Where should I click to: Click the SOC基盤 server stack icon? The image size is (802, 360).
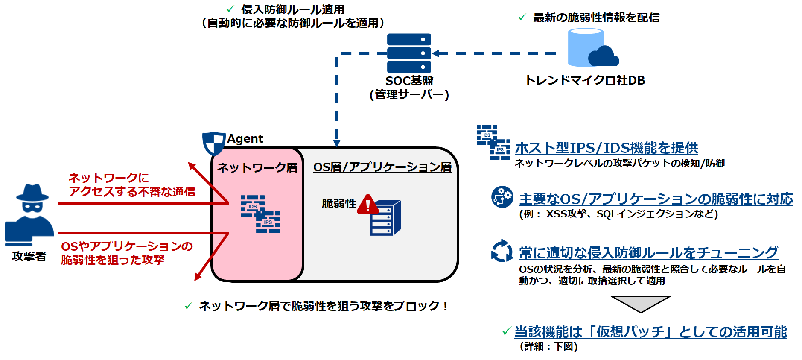point(409,53)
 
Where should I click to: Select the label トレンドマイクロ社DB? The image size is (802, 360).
point(585,80)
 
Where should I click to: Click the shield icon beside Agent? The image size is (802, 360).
point(213,143)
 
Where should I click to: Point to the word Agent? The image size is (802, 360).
point(245,139)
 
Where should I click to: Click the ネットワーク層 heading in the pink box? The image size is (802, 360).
point(257,167)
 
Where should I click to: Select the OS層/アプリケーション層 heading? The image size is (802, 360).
point(382,167)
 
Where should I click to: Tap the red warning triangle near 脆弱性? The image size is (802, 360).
point(367,205)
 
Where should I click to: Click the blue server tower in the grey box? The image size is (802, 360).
point(385,218)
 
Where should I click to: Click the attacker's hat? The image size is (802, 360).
point(32,193)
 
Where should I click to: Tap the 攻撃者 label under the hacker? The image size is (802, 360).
point(29,256)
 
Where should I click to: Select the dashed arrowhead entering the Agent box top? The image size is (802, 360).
point(337,143)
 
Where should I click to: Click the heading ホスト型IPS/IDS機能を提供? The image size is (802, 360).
point(606,148)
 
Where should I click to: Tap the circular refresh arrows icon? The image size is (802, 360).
point(502,251)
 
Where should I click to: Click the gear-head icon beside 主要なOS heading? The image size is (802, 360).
point(502,197)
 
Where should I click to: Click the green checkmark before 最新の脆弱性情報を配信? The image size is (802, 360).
point(522,18)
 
